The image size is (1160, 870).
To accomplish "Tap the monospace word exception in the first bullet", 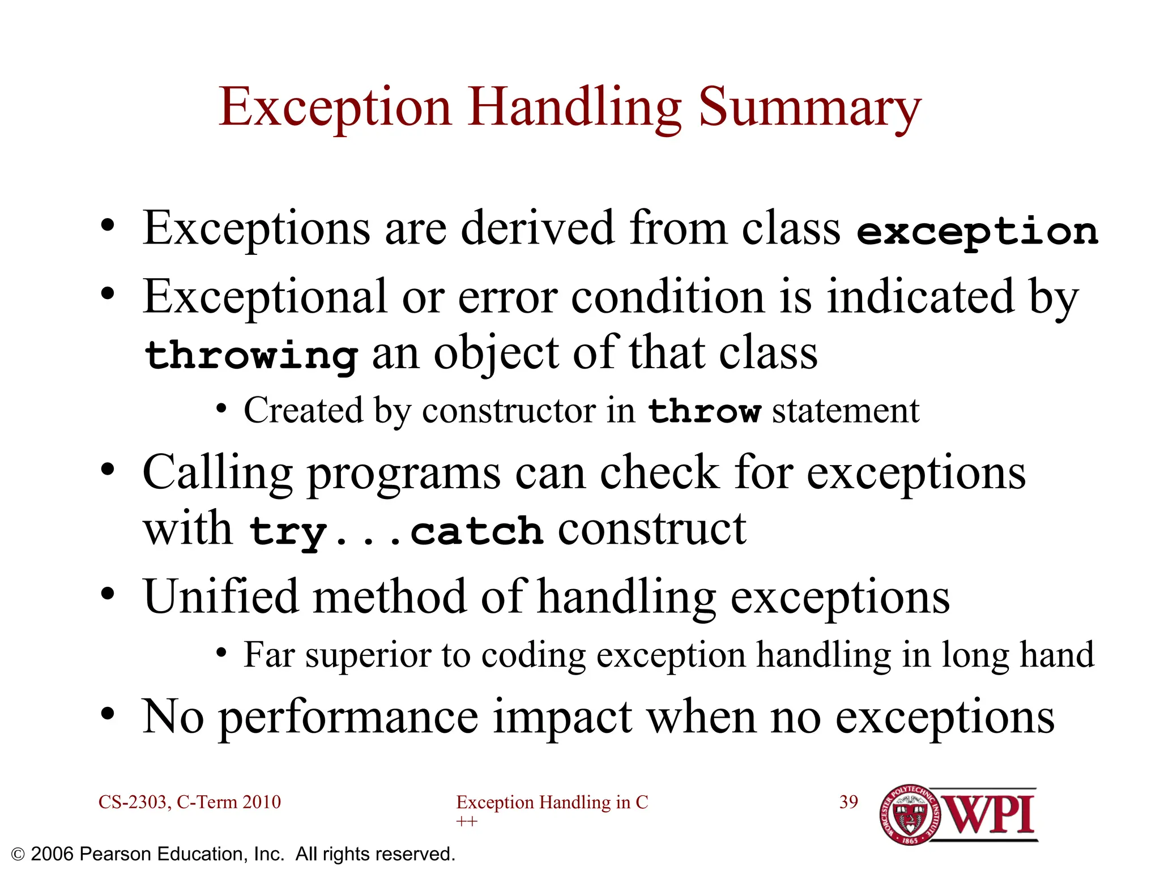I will coord(977,232).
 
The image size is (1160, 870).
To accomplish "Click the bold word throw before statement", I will coord(704,411).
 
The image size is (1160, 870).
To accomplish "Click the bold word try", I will coord(288,532).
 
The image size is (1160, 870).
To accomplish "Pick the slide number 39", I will coord(848,802).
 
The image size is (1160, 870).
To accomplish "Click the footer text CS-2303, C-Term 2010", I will coord(189,802).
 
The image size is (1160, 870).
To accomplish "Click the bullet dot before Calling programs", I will coord(108,470).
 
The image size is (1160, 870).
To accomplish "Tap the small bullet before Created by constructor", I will coord(221,409).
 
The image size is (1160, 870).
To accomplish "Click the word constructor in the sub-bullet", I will coord(509,411).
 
